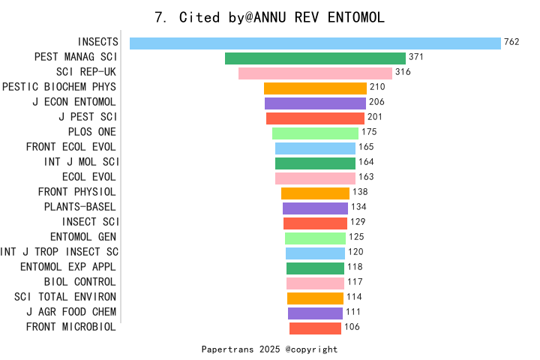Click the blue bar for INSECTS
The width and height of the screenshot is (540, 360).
315,43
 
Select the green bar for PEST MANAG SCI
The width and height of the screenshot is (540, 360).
315,58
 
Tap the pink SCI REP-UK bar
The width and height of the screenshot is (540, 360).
315,73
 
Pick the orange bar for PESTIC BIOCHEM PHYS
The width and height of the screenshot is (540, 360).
315,88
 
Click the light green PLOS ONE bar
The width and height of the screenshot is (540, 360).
315,133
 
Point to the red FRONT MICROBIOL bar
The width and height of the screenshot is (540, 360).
315,328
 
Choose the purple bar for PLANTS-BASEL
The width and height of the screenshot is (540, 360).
315,208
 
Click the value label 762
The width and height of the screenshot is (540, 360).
511,42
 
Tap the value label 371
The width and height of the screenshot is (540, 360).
416,57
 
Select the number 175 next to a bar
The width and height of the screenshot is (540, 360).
369,131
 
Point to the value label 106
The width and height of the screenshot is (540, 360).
352,326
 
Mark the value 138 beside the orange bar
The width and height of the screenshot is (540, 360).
360,191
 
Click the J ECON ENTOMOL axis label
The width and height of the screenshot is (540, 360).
74,102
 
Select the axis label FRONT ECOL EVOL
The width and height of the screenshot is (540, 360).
71,147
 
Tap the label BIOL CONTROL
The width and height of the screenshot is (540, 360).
80,282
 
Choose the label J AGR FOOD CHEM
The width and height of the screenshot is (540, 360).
71,312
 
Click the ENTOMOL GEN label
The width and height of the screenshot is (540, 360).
83,237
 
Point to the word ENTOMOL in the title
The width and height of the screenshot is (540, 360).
355,17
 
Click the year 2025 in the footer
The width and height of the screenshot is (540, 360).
270,349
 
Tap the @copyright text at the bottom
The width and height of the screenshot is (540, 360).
311,349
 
